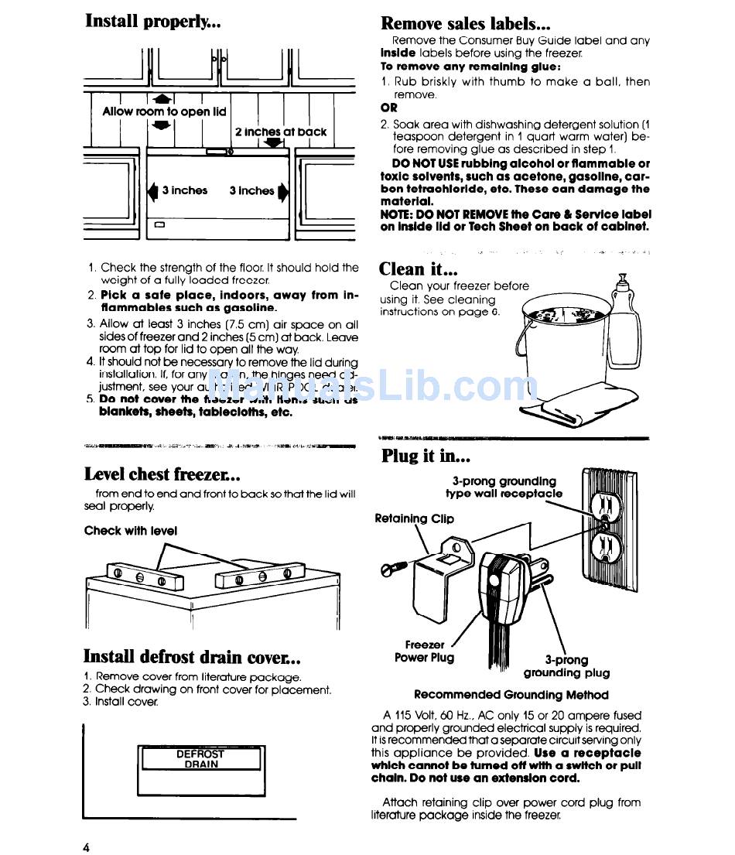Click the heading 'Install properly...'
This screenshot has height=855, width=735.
point(153,22)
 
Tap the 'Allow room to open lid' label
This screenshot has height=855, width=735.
point(164,111)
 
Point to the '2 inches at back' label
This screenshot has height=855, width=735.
point(280,132)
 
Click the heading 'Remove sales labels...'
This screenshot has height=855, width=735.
point(466,24)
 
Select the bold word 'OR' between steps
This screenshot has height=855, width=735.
point(389,108)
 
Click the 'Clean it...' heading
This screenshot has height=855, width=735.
point(418,269)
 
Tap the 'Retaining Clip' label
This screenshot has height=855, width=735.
point(414,518)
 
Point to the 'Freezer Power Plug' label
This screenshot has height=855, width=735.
point(425,651)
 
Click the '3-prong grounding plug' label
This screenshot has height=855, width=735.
point(566,666)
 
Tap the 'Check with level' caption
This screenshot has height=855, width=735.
point(130,531)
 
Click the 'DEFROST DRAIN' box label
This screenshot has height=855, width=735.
point(200,758)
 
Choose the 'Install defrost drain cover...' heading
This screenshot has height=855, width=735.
point(192,657)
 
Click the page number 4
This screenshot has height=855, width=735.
point(87,846)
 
